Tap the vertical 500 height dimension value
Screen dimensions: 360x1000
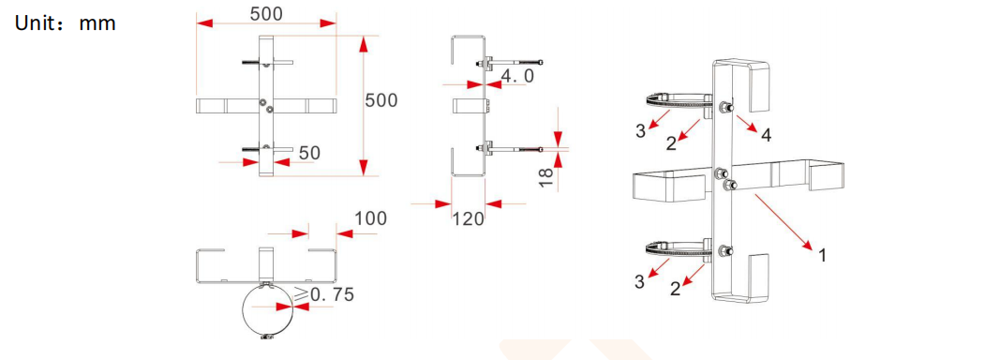click(x=381, y=100)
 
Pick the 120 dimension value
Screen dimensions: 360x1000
click(x=469, y=218)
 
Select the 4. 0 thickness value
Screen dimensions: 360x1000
click(x=517, y=77)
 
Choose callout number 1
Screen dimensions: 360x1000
click(x=822, y=254)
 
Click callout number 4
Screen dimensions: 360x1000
click(x=766, y=136)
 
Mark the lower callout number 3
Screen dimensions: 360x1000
click(x=640, y=281)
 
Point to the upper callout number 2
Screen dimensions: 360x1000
click(x=671, y=142)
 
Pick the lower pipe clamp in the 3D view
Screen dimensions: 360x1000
click(x=675, y=249)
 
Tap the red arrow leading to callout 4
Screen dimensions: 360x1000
click(x=747, y=123)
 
